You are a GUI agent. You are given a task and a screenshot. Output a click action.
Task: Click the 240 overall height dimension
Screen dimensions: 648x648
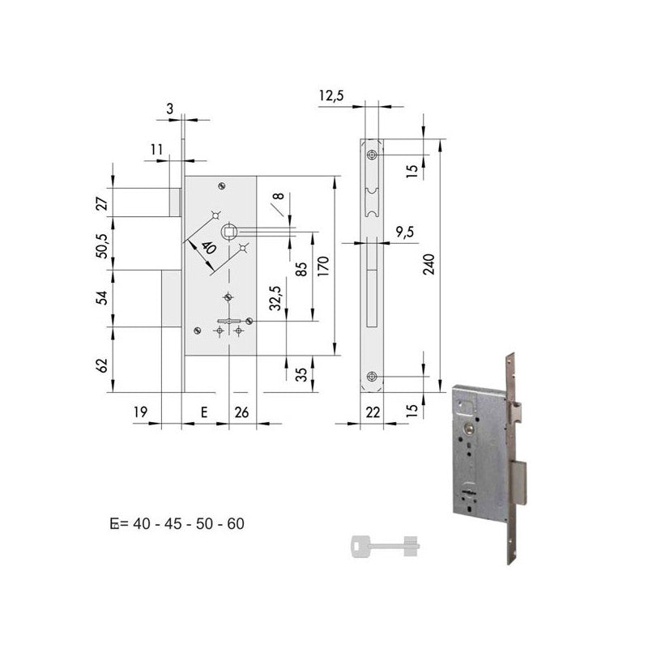(x=430, y=265)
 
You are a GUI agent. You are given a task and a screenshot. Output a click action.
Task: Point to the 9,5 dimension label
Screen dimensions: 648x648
(x=405, y=232)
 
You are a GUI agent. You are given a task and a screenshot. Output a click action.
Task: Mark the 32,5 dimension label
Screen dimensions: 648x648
(x=275, y=298)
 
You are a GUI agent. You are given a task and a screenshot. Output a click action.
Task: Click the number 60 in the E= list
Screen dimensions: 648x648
(x=236, y=524)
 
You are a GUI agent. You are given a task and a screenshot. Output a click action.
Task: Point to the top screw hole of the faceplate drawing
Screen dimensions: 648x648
(x=372, y=155)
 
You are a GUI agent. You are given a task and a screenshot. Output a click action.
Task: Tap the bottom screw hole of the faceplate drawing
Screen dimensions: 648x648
(x=372, y=376)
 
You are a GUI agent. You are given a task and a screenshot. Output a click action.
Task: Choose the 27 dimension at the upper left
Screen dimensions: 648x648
(x=102, y=202)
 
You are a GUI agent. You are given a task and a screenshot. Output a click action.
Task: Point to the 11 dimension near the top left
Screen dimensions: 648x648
(x=156, y=149)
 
